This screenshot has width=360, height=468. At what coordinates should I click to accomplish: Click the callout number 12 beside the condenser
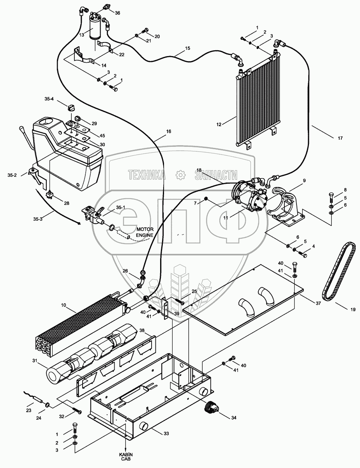[x=219, y=125]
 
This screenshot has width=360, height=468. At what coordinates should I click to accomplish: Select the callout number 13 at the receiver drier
[x=82, y=35]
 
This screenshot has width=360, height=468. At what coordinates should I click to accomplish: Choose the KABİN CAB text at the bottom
[x=125, y=457]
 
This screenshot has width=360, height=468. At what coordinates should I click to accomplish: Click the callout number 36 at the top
[x=117, y=13]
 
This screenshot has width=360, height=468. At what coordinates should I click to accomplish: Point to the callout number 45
[x=102, y=135]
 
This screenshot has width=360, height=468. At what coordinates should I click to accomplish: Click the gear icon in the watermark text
[x=180, y=175]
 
